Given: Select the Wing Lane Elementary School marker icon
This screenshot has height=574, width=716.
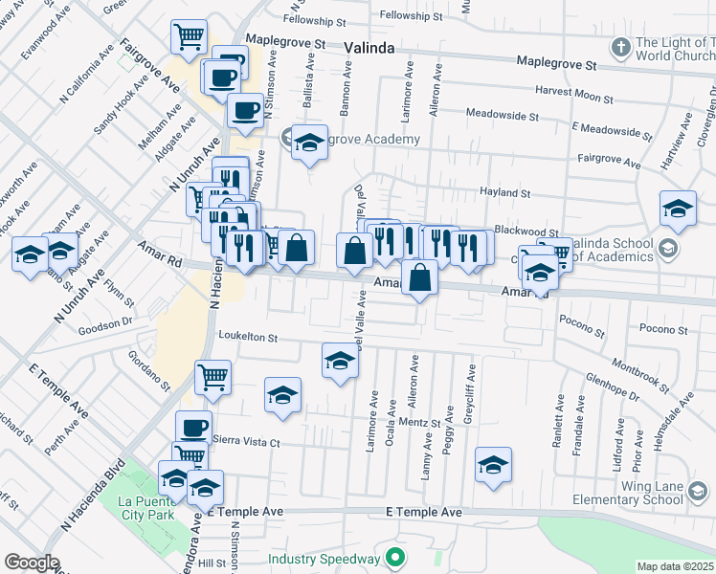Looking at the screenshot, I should [700, 492].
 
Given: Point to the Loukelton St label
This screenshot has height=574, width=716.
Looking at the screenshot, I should [247, 337].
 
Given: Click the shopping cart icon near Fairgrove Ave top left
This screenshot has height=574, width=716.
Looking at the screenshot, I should [190, 37].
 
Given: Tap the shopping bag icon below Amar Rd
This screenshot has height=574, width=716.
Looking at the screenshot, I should [420, 278].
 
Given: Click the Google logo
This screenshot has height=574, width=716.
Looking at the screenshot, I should [32, 563].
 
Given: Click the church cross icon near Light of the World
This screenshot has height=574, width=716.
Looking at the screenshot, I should [621, 46].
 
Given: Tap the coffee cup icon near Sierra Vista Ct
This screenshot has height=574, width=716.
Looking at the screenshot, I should [194, 427].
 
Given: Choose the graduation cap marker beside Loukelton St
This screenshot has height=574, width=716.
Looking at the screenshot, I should [340, 362].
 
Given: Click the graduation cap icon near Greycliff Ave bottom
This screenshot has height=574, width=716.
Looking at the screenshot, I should [493, 465].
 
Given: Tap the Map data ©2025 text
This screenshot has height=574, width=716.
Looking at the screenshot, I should [675, 566].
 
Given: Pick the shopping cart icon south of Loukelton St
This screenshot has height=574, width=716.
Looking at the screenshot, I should [213, 376].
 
